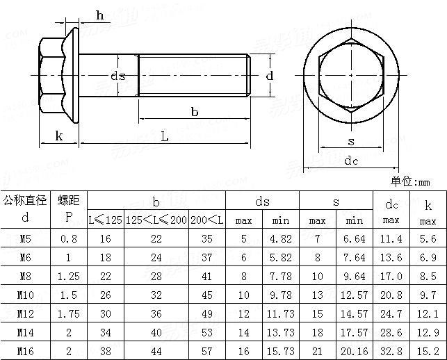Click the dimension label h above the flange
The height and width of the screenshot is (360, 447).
pos(99,15)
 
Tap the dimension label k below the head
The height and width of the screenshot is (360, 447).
pos(59,136)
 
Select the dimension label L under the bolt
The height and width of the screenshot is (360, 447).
pos(165,137)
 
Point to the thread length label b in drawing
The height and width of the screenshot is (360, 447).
pos(195,112)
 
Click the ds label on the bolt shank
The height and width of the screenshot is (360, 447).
pos(118,75)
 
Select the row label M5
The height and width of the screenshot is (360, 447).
pos(26,239)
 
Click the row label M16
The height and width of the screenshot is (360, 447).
pos(26,351)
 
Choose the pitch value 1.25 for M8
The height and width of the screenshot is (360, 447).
pos(69,277)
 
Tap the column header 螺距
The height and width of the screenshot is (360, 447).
pos(69,201)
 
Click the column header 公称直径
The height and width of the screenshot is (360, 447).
pos(26,201)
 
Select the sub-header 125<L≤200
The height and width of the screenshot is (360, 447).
pos(156,220)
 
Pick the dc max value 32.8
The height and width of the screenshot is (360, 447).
pos(391,351)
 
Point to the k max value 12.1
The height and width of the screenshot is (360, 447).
pos(427,313)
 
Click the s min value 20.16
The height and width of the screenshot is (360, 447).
pos(355,351)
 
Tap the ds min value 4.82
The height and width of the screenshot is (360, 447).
pos(281,239)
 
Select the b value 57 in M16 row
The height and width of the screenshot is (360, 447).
pos(206,351)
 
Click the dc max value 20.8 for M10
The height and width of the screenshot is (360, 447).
pos(391,295)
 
